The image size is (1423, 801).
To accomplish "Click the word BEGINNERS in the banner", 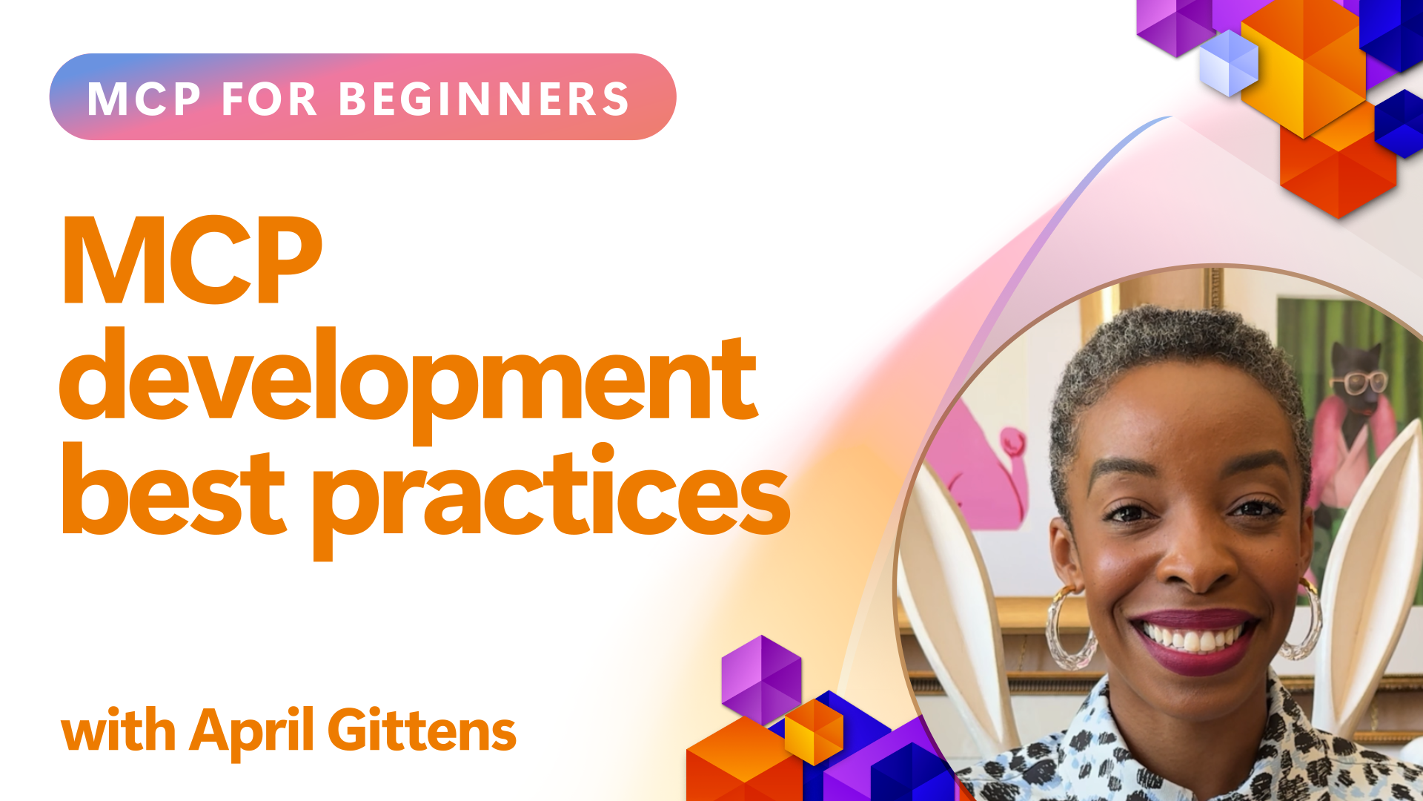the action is click(x=484, y=99).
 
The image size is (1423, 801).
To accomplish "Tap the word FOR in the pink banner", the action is click(x=270, y=99).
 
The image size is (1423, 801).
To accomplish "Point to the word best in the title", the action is click(x=173, y=489).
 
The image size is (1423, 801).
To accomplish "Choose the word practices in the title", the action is click(x=552, y=501).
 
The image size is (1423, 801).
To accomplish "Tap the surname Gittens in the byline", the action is click(x=422, y=730).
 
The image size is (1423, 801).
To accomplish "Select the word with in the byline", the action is click(x=119, y=730).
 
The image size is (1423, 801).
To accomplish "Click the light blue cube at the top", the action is click(x=1229, y=63).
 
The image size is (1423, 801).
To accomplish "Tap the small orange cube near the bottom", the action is click(x=814, y=731).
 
